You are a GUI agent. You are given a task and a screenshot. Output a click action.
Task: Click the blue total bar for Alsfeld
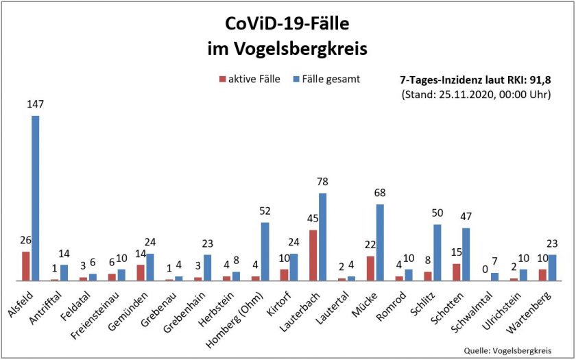(x=35, y=198)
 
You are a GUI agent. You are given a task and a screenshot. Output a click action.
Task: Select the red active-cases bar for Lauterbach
(x=313, y=255)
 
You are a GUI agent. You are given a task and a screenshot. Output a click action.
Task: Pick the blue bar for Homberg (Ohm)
(x=265, y=252)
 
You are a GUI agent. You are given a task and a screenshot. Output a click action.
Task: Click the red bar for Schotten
(x=456, y=272)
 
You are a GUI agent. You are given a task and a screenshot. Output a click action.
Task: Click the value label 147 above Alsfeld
(x=35, y=105)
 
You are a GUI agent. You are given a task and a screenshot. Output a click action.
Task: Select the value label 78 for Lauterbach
(x=322, y=182)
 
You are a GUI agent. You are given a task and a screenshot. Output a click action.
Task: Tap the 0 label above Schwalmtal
(x=484, y=270)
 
